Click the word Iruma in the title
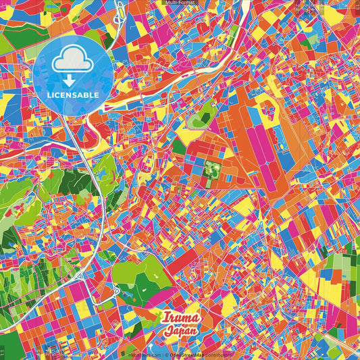(x=181, y=318)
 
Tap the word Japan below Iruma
(x=181, y=331)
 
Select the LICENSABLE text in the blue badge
(x=73, y=95)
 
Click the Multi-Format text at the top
(x=180, y=3)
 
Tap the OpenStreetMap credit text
(x=186, y=354)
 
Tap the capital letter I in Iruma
(x=165, y=318)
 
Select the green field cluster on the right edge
(x=344, y=263)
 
